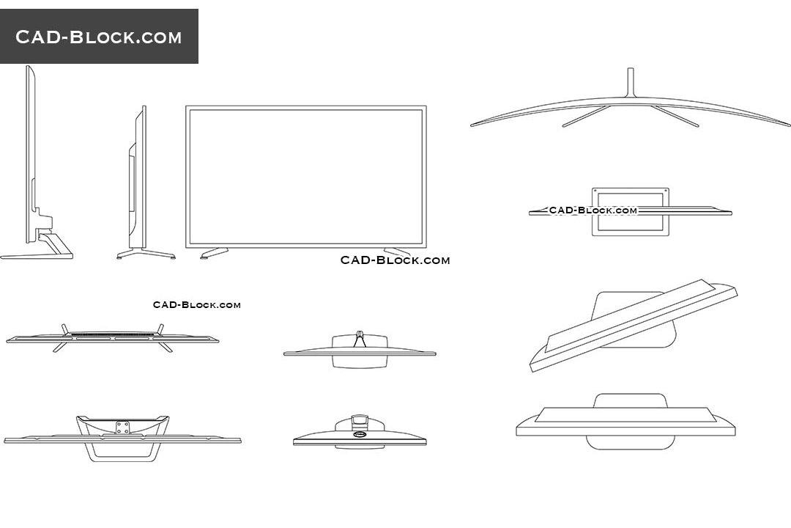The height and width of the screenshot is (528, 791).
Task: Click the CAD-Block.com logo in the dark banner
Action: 98,37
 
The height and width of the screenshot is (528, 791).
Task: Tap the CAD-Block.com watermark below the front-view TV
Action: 395,260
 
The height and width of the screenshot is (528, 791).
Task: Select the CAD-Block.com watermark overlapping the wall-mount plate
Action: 593,210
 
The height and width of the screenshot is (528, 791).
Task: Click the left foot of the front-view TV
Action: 214,253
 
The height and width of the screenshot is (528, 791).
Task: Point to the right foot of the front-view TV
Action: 398,252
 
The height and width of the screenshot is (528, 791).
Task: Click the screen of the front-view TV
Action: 305,176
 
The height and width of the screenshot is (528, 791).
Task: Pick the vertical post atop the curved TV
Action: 630,82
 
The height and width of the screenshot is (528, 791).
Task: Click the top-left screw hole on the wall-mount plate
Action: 595,191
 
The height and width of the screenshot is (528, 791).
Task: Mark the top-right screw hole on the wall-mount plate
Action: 665,191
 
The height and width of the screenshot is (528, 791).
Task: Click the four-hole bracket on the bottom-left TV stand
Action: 122,428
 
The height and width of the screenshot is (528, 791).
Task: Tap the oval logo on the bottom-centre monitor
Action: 360,433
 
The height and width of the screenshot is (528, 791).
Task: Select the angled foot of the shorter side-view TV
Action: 146,254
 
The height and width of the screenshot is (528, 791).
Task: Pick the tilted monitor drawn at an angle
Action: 633,326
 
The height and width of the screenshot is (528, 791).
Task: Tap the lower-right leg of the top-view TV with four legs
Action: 166,347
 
